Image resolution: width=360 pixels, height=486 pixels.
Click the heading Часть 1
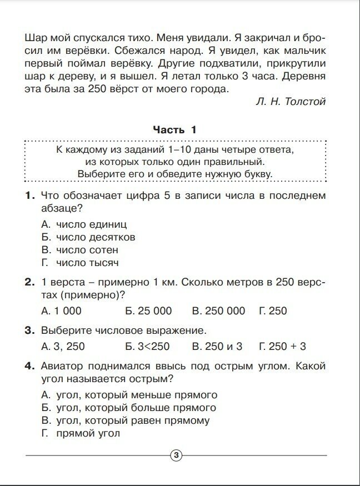click(175, 130)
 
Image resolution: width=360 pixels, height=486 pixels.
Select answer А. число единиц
click(84, 224)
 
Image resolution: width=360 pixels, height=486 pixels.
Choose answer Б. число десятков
click(88, 237)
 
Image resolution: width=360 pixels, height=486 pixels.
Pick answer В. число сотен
click(80, 250)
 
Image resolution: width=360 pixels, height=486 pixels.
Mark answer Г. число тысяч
click(80, 263)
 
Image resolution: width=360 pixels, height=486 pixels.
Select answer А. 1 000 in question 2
click(62, 311)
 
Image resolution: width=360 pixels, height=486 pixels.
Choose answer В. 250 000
click(218, 311)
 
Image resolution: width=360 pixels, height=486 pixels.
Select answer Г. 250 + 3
click(282, 347)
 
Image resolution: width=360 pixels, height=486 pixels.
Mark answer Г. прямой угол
click(81, 434)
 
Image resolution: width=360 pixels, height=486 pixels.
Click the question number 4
click(29, 367)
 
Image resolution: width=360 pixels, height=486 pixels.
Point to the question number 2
click(29, 283)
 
